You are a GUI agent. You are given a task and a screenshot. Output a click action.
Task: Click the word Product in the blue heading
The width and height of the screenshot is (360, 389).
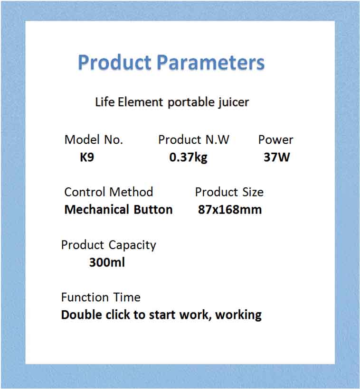114,63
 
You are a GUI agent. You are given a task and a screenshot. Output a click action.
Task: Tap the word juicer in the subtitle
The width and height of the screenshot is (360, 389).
233,102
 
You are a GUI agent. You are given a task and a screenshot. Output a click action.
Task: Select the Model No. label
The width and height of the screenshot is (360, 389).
94,140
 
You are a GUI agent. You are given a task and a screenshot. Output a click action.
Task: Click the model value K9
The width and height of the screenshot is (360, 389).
87,157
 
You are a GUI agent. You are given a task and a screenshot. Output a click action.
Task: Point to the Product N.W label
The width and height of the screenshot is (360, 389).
194,140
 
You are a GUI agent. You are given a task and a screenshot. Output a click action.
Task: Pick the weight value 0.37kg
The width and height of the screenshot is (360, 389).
188,157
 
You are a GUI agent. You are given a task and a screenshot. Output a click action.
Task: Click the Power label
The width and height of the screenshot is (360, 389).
275,140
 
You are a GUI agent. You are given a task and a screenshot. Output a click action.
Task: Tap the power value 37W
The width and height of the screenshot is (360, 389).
276,157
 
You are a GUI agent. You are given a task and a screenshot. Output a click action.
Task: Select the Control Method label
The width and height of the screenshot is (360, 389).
109,192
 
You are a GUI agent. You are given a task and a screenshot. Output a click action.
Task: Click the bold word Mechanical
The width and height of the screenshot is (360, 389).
97,210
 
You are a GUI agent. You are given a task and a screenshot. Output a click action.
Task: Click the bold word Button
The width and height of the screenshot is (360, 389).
153,210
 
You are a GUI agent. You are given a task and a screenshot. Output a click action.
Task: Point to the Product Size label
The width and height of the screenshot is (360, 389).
229,192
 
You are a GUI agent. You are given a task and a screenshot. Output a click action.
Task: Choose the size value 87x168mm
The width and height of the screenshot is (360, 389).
230,210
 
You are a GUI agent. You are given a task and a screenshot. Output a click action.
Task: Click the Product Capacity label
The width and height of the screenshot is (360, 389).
108,245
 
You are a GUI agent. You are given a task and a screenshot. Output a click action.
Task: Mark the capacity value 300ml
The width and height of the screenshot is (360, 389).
107,262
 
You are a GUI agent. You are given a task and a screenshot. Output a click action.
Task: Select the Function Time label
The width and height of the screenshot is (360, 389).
101,297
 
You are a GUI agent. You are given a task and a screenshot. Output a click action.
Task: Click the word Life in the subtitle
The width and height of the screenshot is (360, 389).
104,102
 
